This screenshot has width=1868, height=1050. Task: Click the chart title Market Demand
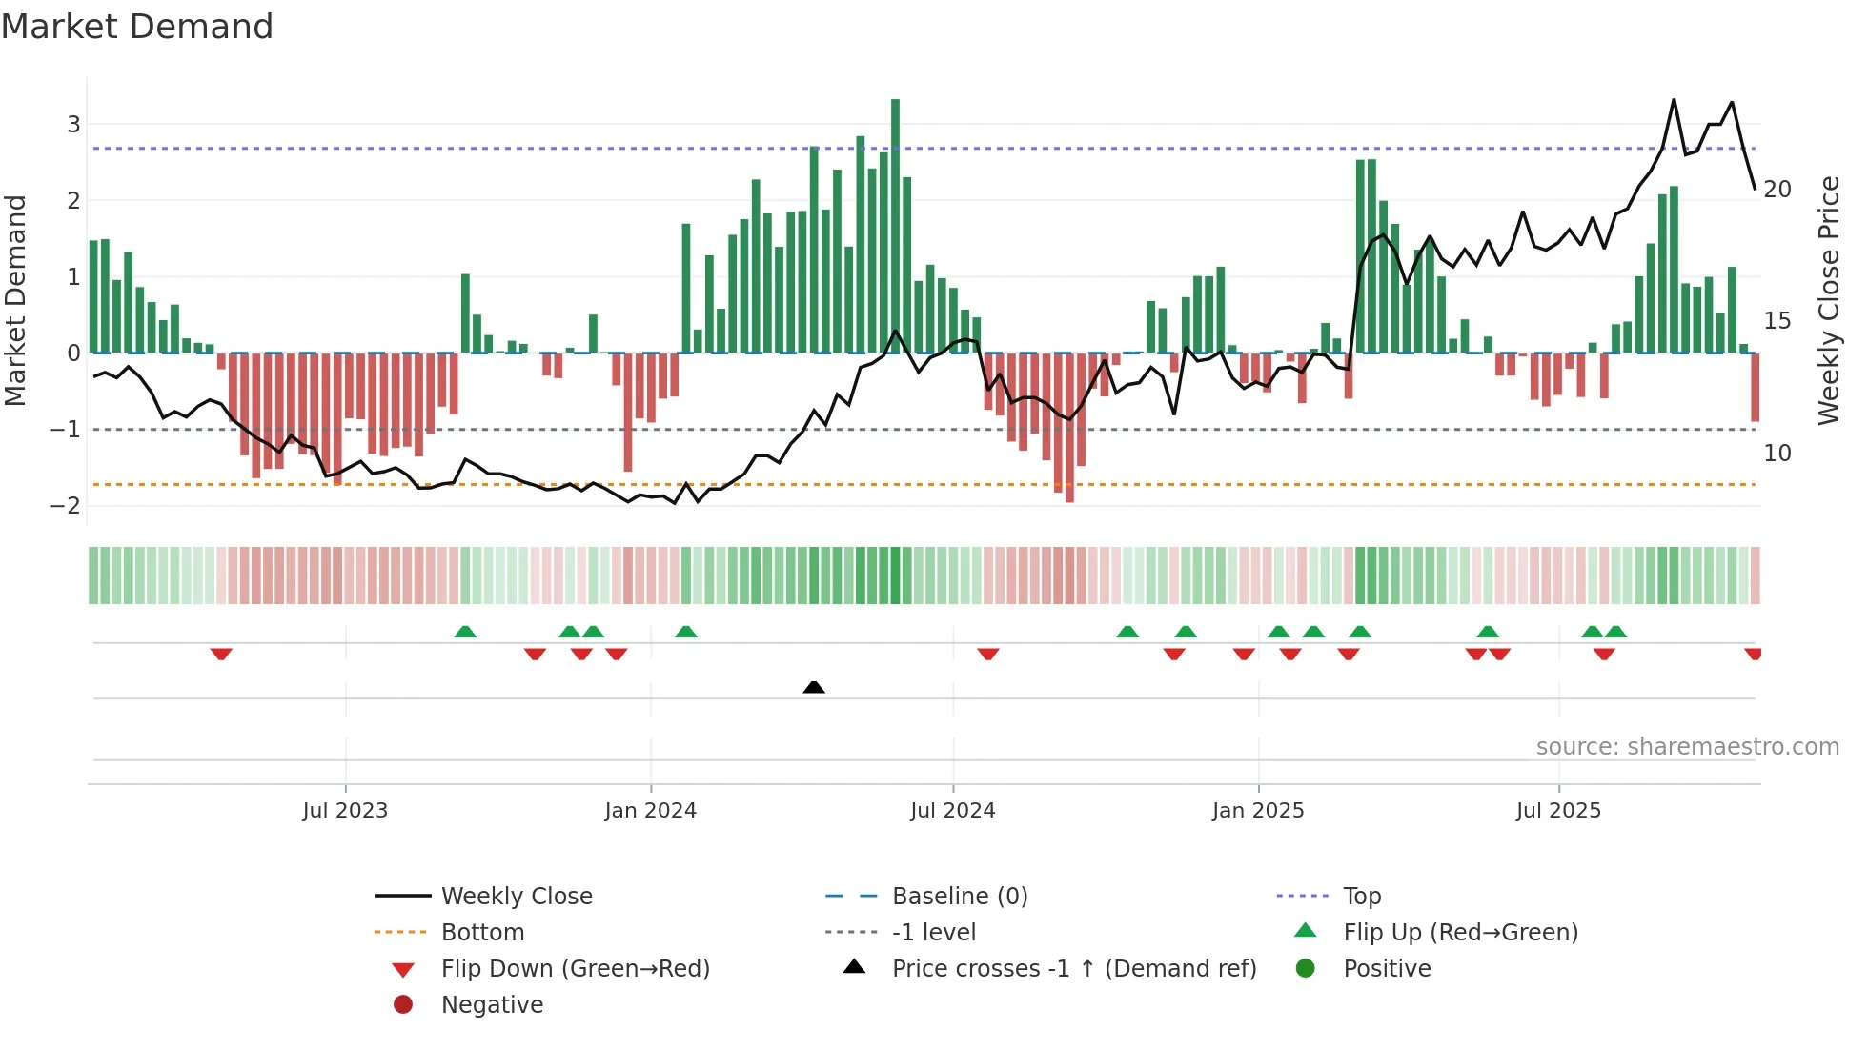(137, 27)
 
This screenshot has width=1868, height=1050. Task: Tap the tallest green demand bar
(895, 227)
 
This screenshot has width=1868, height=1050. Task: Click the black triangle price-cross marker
(814, 687)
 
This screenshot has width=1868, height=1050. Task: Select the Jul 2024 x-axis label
(952, 811)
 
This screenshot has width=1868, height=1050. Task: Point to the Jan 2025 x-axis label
(1258, 811)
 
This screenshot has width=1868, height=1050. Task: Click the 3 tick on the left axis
(73, 124)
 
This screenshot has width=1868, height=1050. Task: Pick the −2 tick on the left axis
(66, 506)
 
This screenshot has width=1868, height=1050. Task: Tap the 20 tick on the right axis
(1777, 190)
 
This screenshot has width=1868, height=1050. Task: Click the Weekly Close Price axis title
(1828, 300)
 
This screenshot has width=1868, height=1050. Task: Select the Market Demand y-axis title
(16, 300)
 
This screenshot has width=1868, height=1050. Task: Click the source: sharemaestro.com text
(1687, 747)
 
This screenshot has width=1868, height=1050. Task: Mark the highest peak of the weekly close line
(1674, 100)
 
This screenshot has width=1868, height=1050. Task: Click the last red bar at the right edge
(1755, 387)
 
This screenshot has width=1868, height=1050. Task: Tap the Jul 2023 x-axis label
(345, 811)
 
